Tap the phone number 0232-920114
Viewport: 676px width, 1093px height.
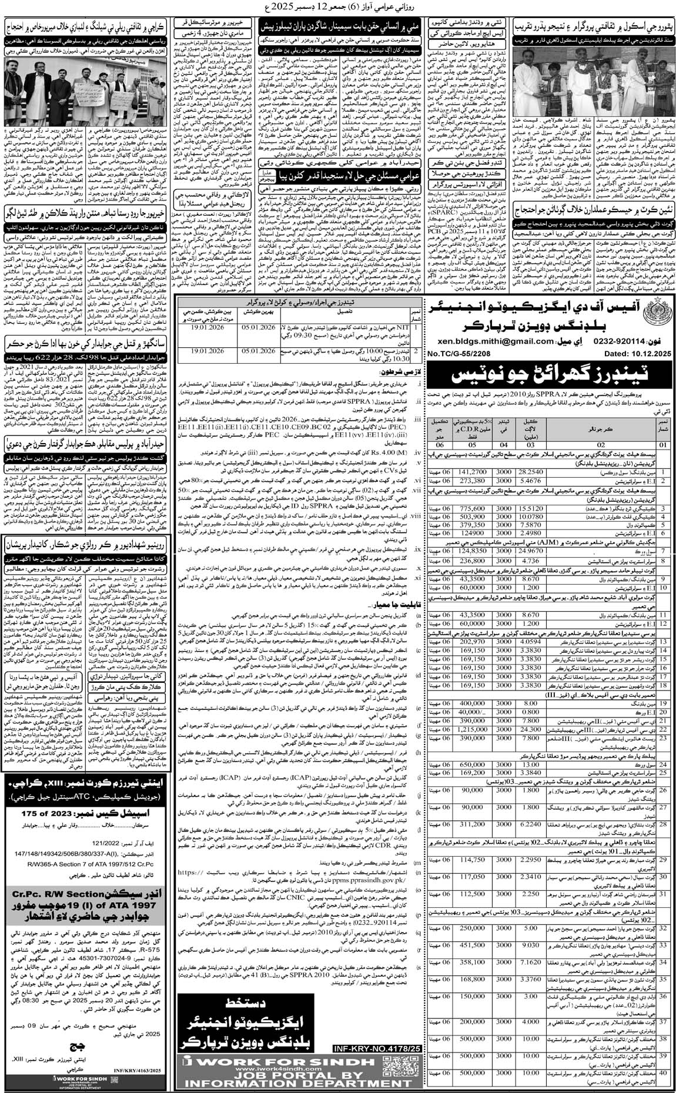(x=588, y=341)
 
